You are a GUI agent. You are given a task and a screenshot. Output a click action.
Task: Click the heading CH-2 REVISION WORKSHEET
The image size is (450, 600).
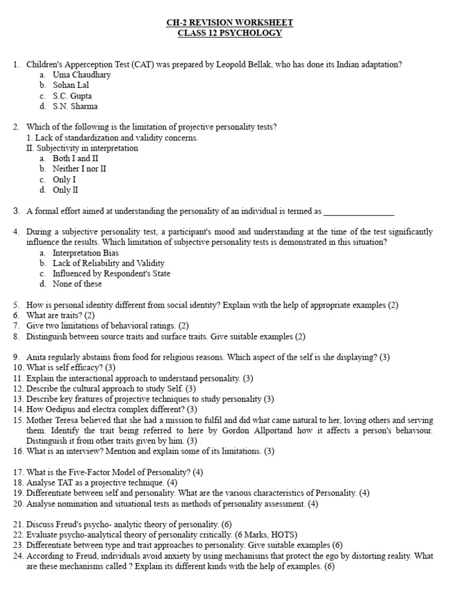click(x=230, y=23)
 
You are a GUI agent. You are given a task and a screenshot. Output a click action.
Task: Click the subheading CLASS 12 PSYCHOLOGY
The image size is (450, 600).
click(x=230, y=33)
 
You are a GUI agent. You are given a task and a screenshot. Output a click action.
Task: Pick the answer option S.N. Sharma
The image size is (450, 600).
click(x=75, y=107)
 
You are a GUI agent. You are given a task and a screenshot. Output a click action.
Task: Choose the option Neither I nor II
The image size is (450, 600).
click(x=79, y=169)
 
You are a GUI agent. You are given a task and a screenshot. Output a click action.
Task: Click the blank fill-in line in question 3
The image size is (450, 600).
click(x=359, y=211)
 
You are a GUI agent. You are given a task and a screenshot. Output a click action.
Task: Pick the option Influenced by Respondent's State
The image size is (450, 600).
click(x=111, y=274)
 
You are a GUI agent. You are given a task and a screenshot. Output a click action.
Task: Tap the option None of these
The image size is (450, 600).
click(x=77, y=284)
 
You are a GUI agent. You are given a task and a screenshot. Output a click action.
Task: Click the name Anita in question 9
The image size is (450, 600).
click(x=37, y=357)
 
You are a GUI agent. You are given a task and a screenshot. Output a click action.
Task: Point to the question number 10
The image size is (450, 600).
click(x=16, y=367)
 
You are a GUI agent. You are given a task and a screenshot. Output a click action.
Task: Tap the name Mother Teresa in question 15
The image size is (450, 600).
click(x=53, y=420)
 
